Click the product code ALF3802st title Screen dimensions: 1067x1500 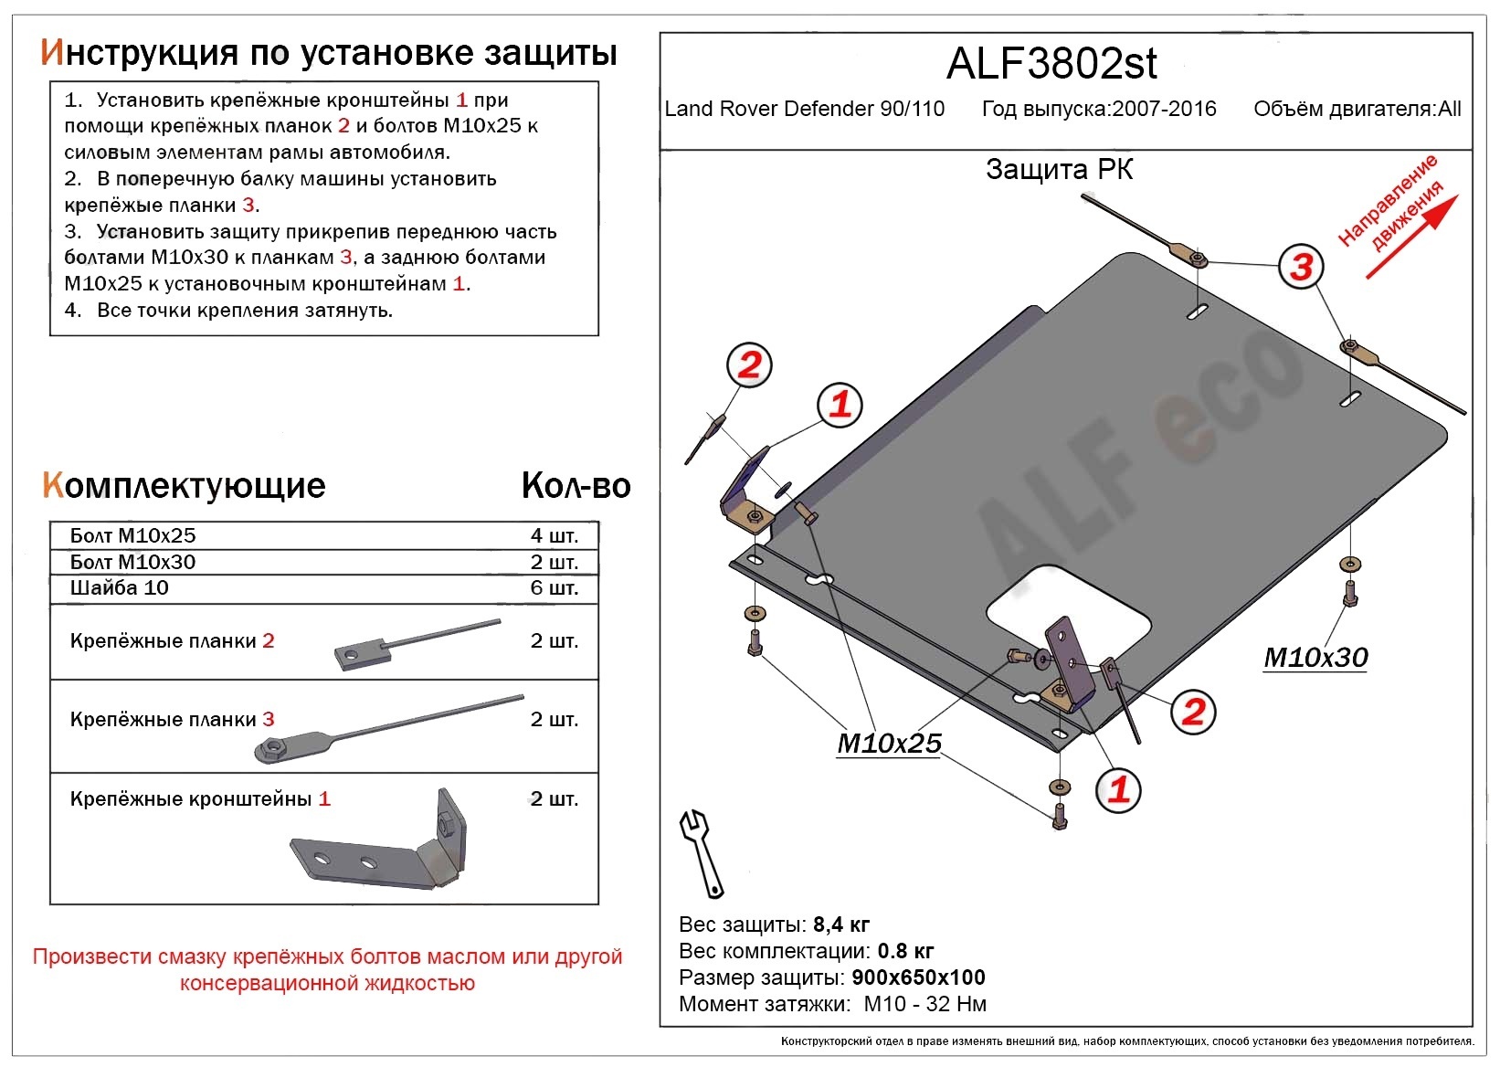coord(1051,64)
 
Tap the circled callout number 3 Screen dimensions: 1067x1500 coord(1301,267)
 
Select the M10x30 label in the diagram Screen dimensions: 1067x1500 coord(1315,657)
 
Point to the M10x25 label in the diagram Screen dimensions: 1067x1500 coord(889,744)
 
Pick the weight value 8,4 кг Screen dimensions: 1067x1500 coord(841,924)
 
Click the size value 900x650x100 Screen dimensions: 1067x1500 coord(918,977)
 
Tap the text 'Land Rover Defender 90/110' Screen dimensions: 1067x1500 coord(804,110)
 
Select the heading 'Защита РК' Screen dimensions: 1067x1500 coord(1059,170)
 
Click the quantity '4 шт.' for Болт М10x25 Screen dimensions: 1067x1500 coord(554,535)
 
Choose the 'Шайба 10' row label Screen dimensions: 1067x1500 coord(120,587)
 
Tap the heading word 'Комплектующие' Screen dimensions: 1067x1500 coord(184,486)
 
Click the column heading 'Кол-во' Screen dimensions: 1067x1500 coord(576,486)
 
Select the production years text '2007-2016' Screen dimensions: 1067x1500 coord(1164,110)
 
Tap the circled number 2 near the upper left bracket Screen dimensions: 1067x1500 coord(749,365)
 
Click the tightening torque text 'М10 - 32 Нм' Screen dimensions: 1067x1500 coord(924,1004)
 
